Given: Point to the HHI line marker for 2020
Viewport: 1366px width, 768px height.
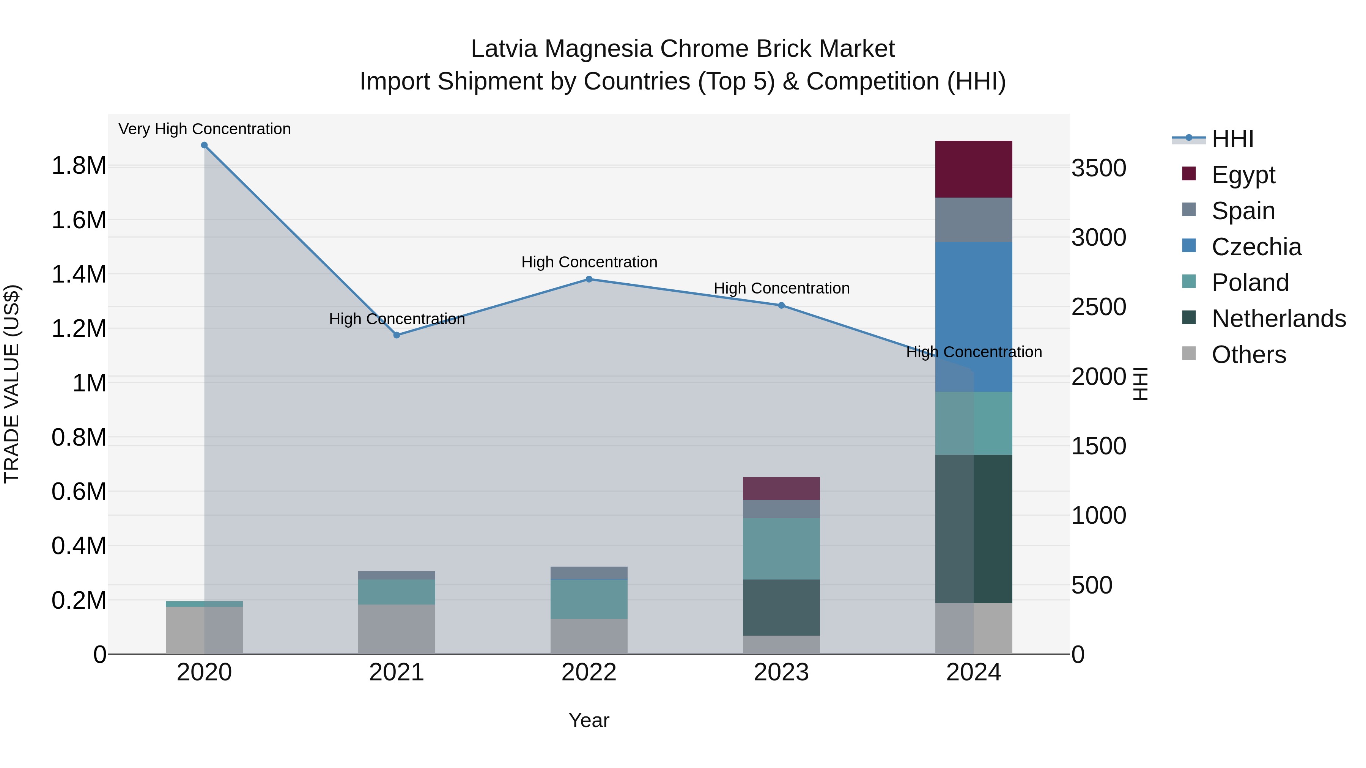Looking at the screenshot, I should pos(204,145).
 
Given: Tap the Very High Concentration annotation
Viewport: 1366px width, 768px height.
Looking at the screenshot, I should pos(204,129).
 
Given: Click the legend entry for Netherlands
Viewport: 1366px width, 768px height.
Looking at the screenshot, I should pos(1278,319).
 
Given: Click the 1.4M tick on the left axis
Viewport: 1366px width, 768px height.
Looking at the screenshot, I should pos(79,275).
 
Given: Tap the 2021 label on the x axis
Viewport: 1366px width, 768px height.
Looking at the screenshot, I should pos(396,672).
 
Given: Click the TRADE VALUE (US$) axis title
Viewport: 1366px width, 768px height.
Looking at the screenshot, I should pos(12,384).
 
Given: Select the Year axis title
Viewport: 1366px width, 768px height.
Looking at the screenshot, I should pos(589,720).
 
